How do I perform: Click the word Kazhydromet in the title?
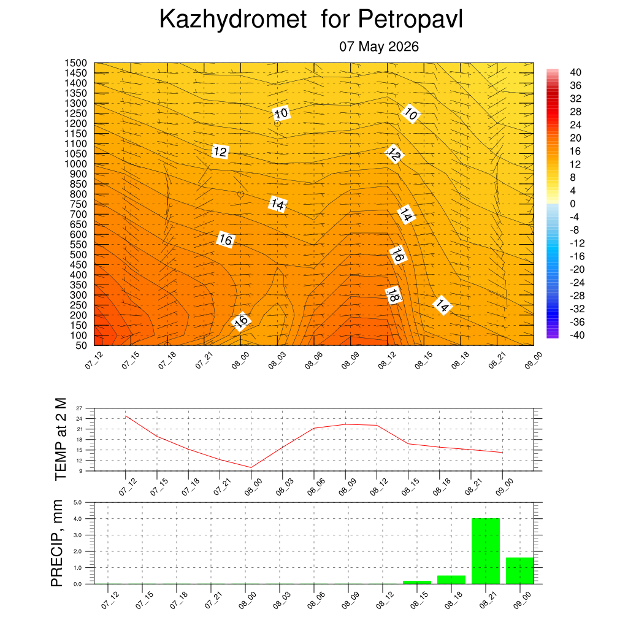pyautogui.click(x=233, y=19)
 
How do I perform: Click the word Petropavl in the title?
pyautogui.click(x=410, y=19)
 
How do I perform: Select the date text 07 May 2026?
pyautogui.click(x=379, y=47)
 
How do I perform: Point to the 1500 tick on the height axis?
pyautogui.click(x=75, y=63)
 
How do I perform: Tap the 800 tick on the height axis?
pyautogui.click(x=78, y=194)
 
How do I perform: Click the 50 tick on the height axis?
pyautogui.click(x=82, y=346)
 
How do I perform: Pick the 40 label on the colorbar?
pyautogui.click(x=575, y=72)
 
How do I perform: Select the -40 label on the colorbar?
pyautogui.click(x=577, y=335)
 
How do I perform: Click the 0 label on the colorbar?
pyautogui.click(x=573, y=204)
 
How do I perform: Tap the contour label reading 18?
pyautogui.click(x=393, y=296)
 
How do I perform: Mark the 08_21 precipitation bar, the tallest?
pyautogui.click(x=486, y=551)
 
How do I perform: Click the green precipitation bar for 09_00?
pyautogui.click(x=520, y=571)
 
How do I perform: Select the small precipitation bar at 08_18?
pyautogui.click(x=451, y=580)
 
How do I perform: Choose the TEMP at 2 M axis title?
pyautogui.click(x=61, y=439)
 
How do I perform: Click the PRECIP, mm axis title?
pyautogui.click(x=57, y=543)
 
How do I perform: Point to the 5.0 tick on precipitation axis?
pyautogui.click(x=78, y=502)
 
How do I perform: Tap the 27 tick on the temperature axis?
pyautogui.click(x=79, y=408)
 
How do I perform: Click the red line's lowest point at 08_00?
pyautogui.click(x=251, y=467)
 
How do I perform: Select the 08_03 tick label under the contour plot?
pyautogui.click(x=277, y=360)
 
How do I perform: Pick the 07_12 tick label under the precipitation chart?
pyautogui.click(x=110, y=600)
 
